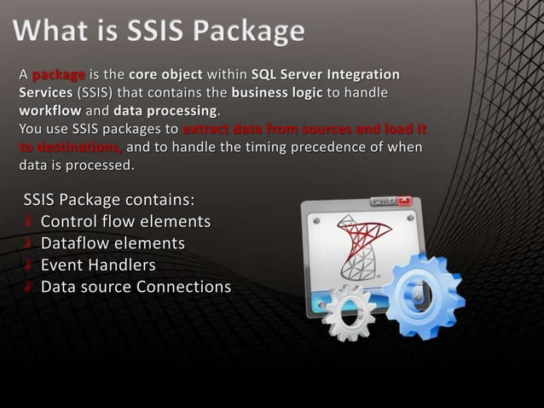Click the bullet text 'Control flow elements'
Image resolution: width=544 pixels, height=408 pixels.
(x=125, y=222)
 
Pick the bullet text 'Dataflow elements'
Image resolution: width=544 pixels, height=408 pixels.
(x=113, y=243)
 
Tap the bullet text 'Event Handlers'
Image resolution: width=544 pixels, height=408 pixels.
(x=98, y=265)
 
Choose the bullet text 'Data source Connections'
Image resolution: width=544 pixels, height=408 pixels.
(x=136, y=286)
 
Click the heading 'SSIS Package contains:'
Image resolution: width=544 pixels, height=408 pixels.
(x=109, y=201)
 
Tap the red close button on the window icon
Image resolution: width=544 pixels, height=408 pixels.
(x=404, y=201)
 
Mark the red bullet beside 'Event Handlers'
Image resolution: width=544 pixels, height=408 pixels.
(x=29, y=265)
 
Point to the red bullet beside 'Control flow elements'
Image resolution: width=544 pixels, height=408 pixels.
(x=29, y=222)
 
